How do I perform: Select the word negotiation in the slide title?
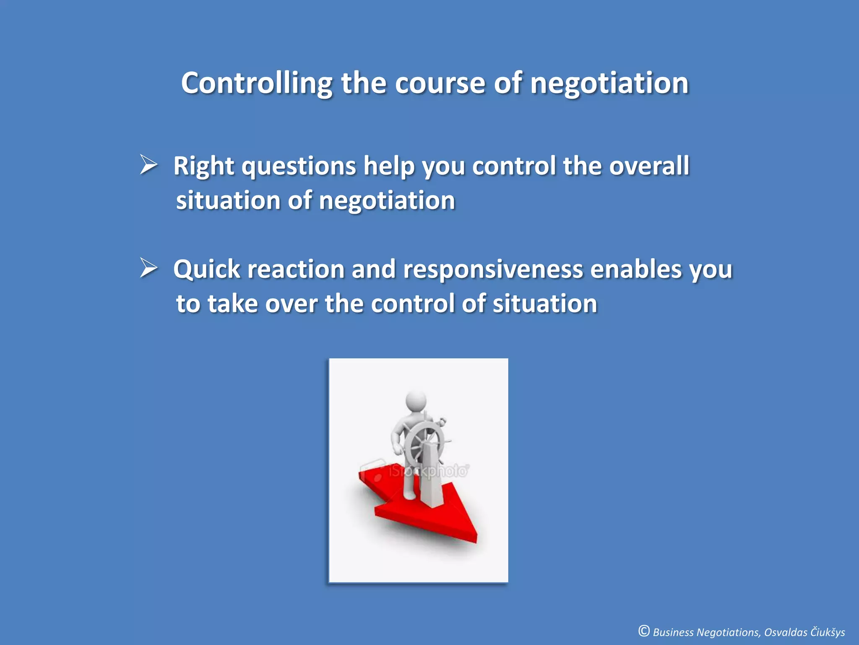click(609, 83)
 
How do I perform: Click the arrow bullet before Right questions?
click(148, 165)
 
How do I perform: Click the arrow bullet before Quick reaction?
click(148, 267)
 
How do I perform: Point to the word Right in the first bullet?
click(203, 166)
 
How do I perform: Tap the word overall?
click(649, 165)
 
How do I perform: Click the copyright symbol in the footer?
click(644, 631)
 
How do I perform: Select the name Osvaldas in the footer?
click(786, 632)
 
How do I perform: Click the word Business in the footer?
click(673, 632)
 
